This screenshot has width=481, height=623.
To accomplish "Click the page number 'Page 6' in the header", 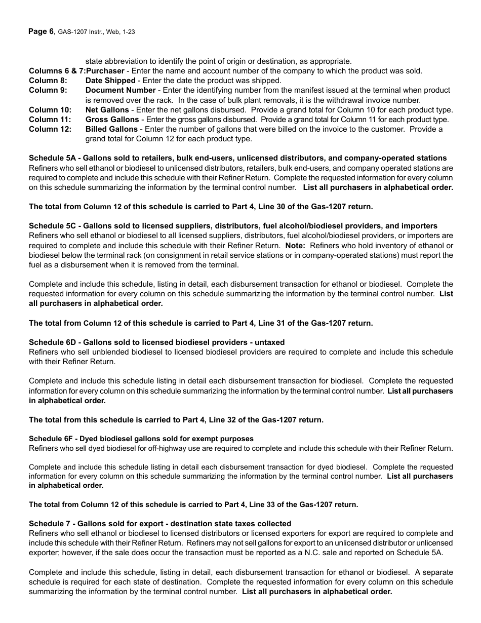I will pos(41,31).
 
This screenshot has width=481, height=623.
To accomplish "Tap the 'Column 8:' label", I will pos(44,81).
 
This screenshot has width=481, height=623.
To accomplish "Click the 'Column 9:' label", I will pos(44,90).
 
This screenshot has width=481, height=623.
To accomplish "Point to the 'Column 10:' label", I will pos(46,110).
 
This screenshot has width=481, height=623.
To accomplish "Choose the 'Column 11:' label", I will pos(46,120).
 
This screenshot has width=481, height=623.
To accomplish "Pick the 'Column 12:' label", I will pos(46,129).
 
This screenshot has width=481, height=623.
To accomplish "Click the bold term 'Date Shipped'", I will pos(110,81).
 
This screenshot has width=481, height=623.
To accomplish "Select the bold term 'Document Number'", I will pos(121,90).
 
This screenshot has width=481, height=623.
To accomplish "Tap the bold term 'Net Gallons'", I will pos(107,110).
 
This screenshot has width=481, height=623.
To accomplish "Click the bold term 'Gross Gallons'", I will pos(112,120).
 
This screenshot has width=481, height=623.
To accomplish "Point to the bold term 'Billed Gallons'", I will pos(111,129).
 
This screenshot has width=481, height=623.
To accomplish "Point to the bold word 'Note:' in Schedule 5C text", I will pos(295,246).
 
